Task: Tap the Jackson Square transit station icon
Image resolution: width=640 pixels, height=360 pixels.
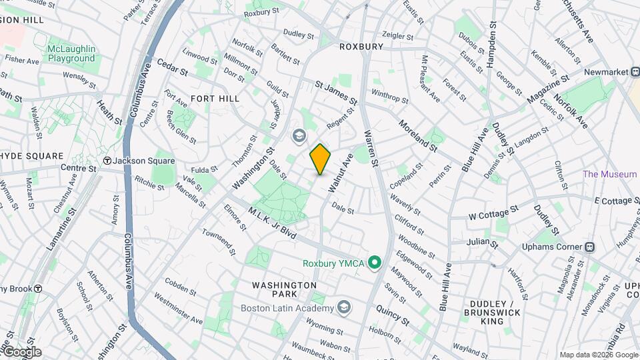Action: click(x=107, y=161)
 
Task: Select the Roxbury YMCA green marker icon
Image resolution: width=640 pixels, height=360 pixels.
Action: click(x=375, y=263)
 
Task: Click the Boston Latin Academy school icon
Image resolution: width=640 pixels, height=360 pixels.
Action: click(x=343, y=307)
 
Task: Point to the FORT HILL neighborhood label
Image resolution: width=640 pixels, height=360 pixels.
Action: click(x=215, y=98)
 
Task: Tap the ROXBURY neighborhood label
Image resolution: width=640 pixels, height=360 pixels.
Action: click(x=361, y=47)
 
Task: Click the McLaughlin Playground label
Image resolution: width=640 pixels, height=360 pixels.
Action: click(x=71, y=54)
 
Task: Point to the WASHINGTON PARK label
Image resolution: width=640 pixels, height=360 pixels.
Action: click(x=284, y=289)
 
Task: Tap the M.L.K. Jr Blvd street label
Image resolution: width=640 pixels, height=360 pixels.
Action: click(x=271, y=223)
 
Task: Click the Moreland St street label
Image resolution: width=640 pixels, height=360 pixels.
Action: click(x=418, y=135)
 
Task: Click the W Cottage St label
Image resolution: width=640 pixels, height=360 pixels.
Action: click(x=493, y=213)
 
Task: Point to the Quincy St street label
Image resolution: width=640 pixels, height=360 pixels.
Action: click(x=392, y=315)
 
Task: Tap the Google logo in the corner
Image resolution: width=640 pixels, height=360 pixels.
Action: click(x=22, y=352)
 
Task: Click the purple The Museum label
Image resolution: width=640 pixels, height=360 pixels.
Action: click(x=609, y=175)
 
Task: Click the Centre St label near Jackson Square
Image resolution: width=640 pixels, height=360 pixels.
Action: click(x=79, y=168)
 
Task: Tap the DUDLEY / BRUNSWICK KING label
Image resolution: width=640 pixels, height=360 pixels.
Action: click(x=493, y=312)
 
